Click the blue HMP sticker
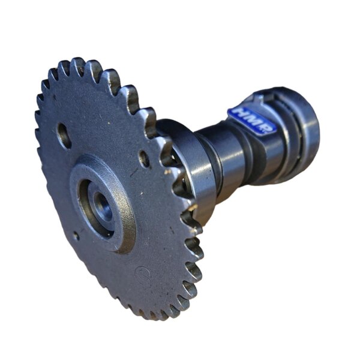(x=252, y=121)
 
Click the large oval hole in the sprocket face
(x=64, y=136)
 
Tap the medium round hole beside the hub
(x=144, y=158)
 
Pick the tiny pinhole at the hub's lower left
(x=76, y=235)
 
